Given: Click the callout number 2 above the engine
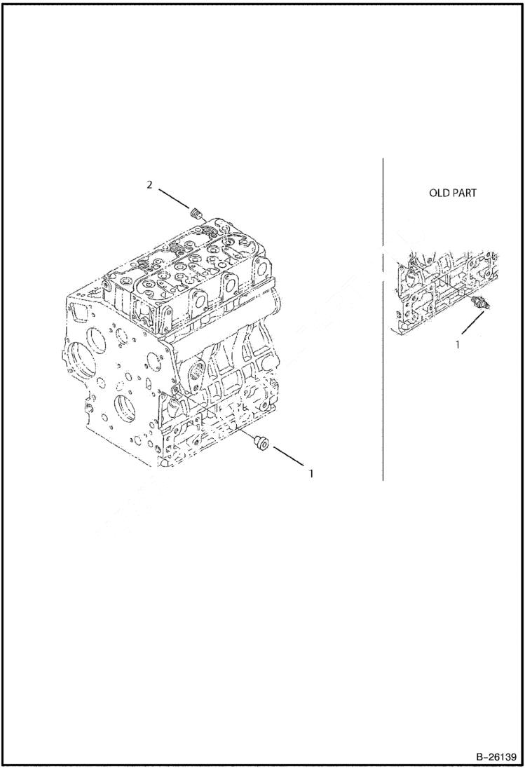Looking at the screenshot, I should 149,184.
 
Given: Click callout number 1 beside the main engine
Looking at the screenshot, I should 311,473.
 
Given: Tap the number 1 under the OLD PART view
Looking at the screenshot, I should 458,344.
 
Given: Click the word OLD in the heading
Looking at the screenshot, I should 439,193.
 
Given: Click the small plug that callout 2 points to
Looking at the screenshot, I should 196,212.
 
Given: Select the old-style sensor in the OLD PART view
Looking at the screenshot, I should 481,304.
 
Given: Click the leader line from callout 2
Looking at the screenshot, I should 173,198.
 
